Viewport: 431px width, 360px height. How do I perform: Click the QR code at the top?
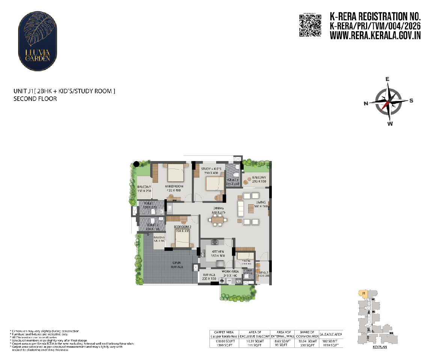[310, 25]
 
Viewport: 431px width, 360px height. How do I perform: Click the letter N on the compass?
[366, 104]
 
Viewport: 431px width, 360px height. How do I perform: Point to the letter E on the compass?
[388, 79]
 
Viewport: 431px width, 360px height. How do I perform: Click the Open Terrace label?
[178, 265]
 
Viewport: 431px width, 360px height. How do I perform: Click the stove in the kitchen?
[215, 242]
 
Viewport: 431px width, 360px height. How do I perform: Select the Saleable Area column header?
[331, 334]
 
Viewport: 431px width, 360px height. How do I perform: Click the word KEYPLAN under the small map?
[380, 347]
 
